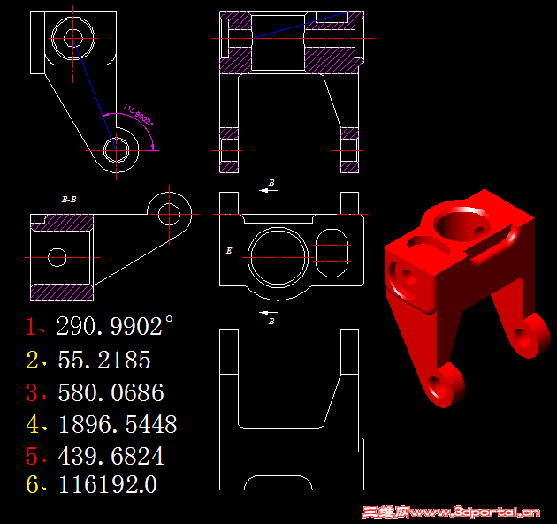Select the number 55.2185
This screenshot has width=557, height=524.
tap(103, 360)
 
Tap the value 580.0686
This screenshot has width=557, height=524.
tap(111, 392)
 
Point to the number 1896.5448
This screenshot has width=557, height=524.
tap(117, 424)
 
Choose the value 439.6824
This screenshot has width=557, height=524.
tap(111, 457)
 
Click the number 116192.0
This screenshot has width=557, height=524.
tap(107, 484)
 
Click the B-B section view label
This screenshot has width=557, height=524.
tap(68, 201)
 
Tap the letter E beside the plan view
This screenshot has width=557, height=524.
tap(229, 252)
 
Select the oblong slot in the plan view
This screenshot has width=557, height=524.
tap(331, 250)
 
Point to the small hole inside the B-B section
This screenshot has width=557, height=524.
tap(57, 257)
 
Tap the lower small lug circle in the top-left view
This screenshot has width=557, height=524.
tap(116, 151)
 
